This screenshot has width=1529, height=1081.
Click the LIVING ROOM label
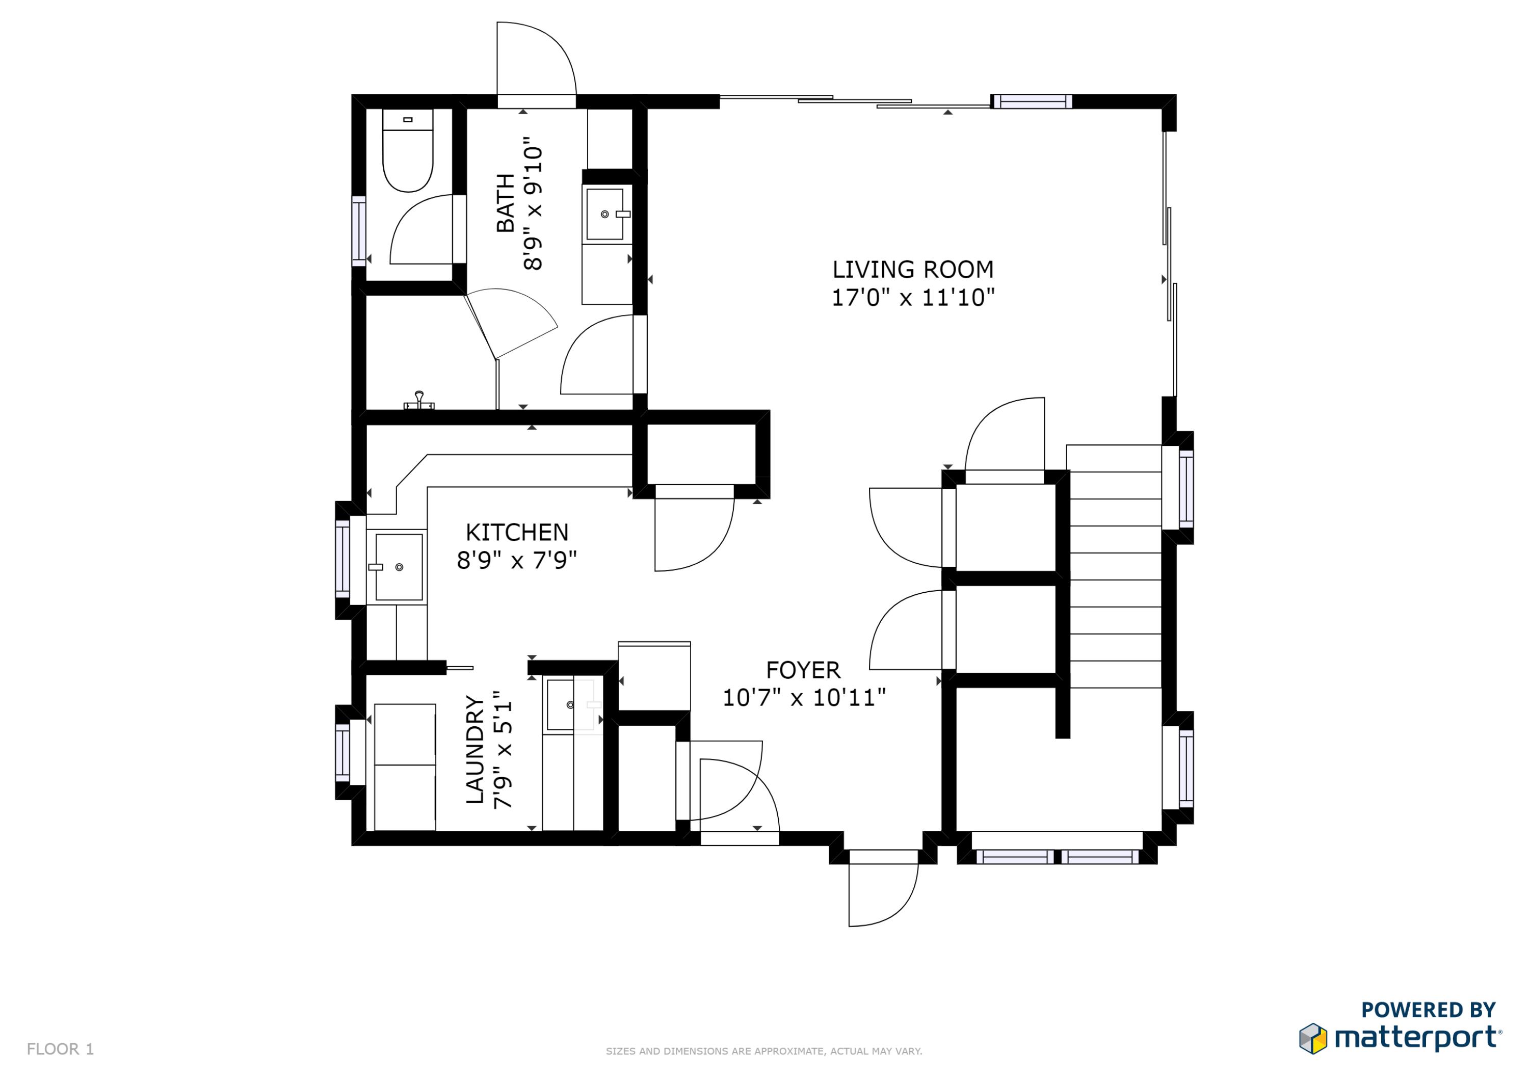912,270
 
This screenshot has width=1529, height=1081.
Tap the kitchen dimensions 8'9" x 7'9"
516,561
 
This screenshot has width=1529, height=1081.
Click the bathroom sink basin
604,214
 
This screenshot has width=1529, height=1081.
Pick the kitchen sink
398,567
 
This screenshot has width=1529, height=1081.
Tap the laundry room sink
561,704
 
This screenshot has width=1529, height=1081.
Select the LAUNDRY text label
474,750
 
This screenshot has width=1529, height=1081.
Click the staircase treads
1115,566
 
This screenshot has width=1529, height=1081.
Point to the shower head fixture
419,400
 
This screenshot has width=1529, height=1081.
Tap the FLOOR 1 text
60,1049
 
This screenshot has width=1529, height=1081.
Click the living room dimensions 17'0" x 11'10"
912,298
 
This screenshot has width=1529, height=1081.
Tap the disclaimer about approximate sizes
764,1051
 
